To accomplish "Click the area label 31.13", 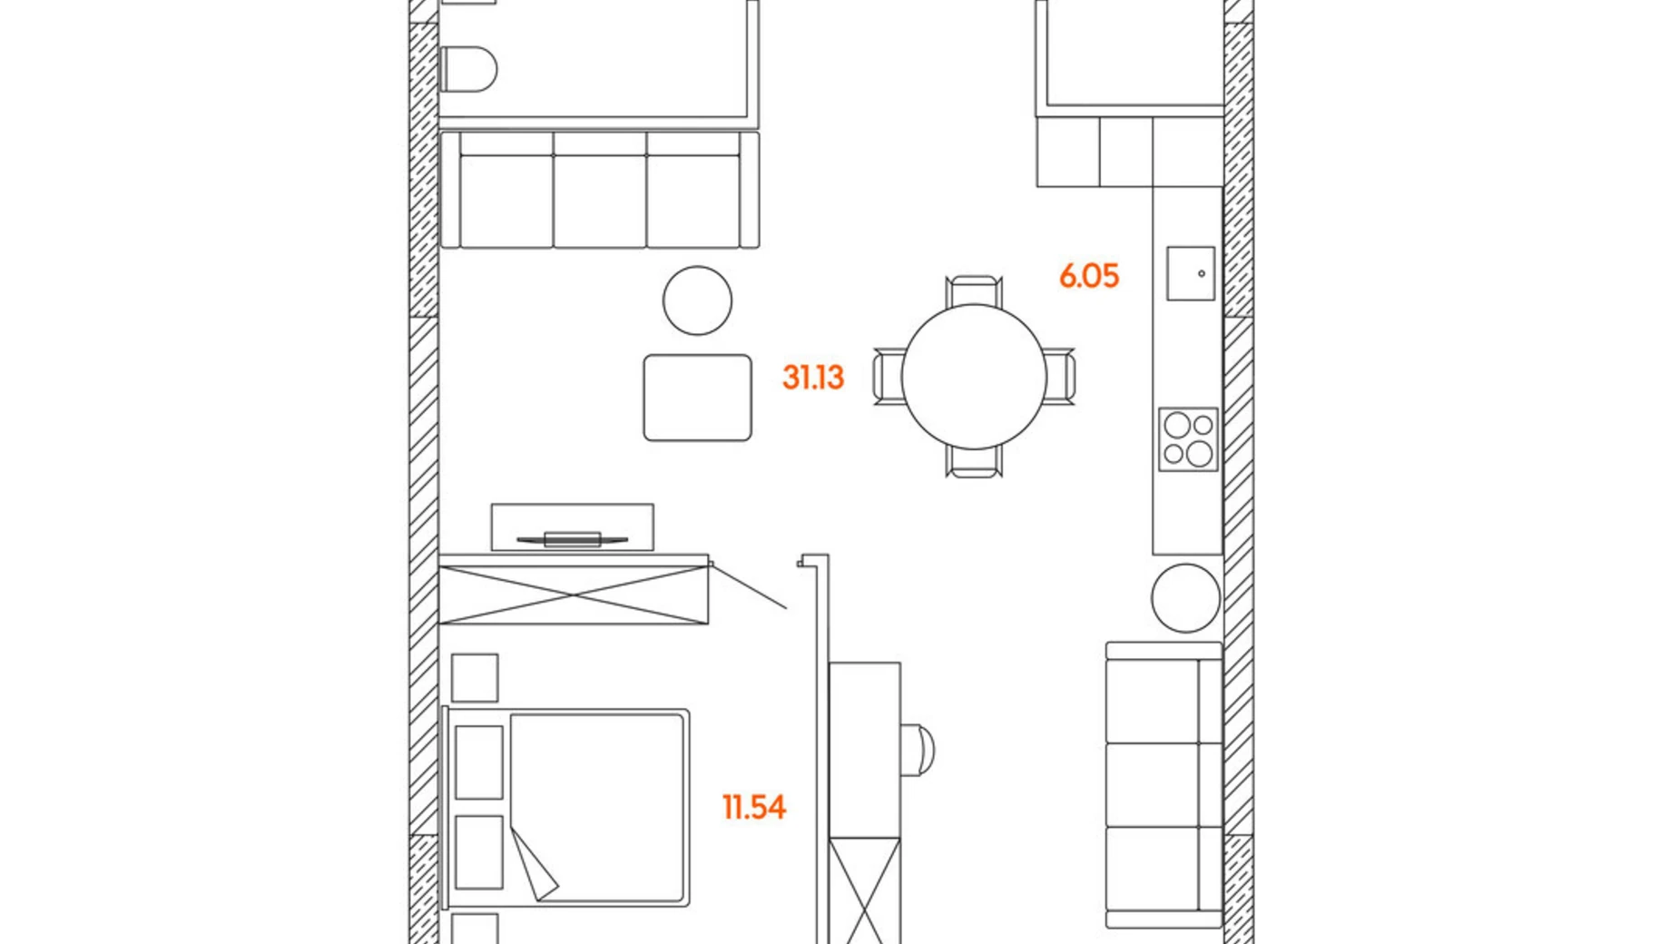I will [x=813, y=377].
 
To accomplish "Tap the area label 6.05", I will [x=1089, y=276].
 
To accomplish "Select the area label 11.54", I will [x=753, y=807].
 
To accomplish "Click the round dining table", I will [x=974, y=376].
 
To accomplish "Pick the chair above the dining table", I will [x=974, y=290].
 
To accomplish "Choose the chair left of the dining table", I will [x=887, y=376].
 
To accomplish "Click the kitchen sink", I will [x=1191, y=273].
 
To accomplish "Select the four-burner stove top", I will [x=1188, y=439].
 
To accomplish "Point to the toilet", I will [x=468, y=69].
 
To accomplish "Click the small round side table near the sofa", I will [x=697, y=300].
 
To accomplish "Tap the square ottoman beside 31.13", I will [x=697, y=398].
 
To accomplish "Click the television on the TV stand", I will [x=572, y=539].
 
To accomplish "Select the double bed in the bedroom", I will [x=567, y=808].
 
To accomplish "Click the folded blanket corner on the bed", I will [x=535, y=867].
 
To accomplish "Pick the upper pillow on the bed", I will [x=478, y=762].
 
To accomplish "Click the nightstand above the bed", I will [x=475, y=677].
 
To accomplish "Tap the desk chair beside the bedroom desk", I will [x=918, y=750].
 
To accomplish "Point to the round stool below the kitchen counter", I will [x=1185, y=598].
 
